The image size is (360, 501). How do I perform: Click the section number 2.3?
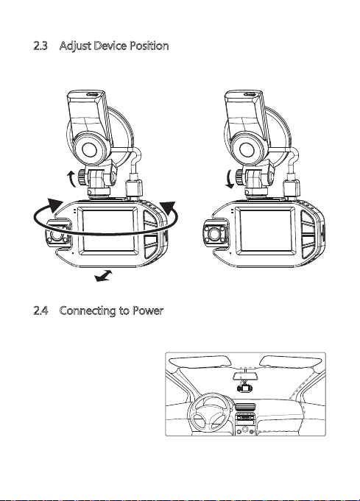point(40,46)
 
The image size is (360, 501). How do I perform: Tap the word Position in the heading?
point(149,46)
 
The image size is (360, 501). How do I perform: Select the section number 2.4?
point(40,310)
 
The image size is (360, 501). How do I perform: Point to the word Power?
point(148,310)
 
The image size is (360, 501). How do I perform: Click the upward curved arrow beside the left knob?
point(71,179)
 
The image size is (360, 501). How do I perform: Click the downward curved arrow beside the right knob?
point(230,179)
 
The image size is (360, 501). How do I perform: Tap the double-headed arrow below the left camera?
point(104,276)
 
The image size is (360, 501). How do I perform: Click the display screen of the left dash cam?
point(107,230)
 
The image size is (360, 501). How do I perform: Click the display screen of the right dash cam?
point(266,230)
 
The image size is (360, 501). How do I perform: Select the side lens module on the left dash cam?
point(58,235)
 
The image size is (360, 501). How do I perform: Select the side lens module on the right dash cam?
point(216,235)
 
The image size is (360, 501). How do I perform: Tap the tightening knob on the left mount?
point(82,177)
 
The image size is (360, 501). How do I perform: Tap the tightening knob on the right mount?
point(240,177)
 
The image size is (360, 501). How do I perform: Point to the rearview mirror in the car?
point(245,376)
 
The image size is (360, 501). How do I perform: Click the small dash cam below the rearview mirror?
point(244,388)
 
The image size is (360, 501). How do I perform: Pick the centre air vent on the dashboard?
point(246,407)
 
